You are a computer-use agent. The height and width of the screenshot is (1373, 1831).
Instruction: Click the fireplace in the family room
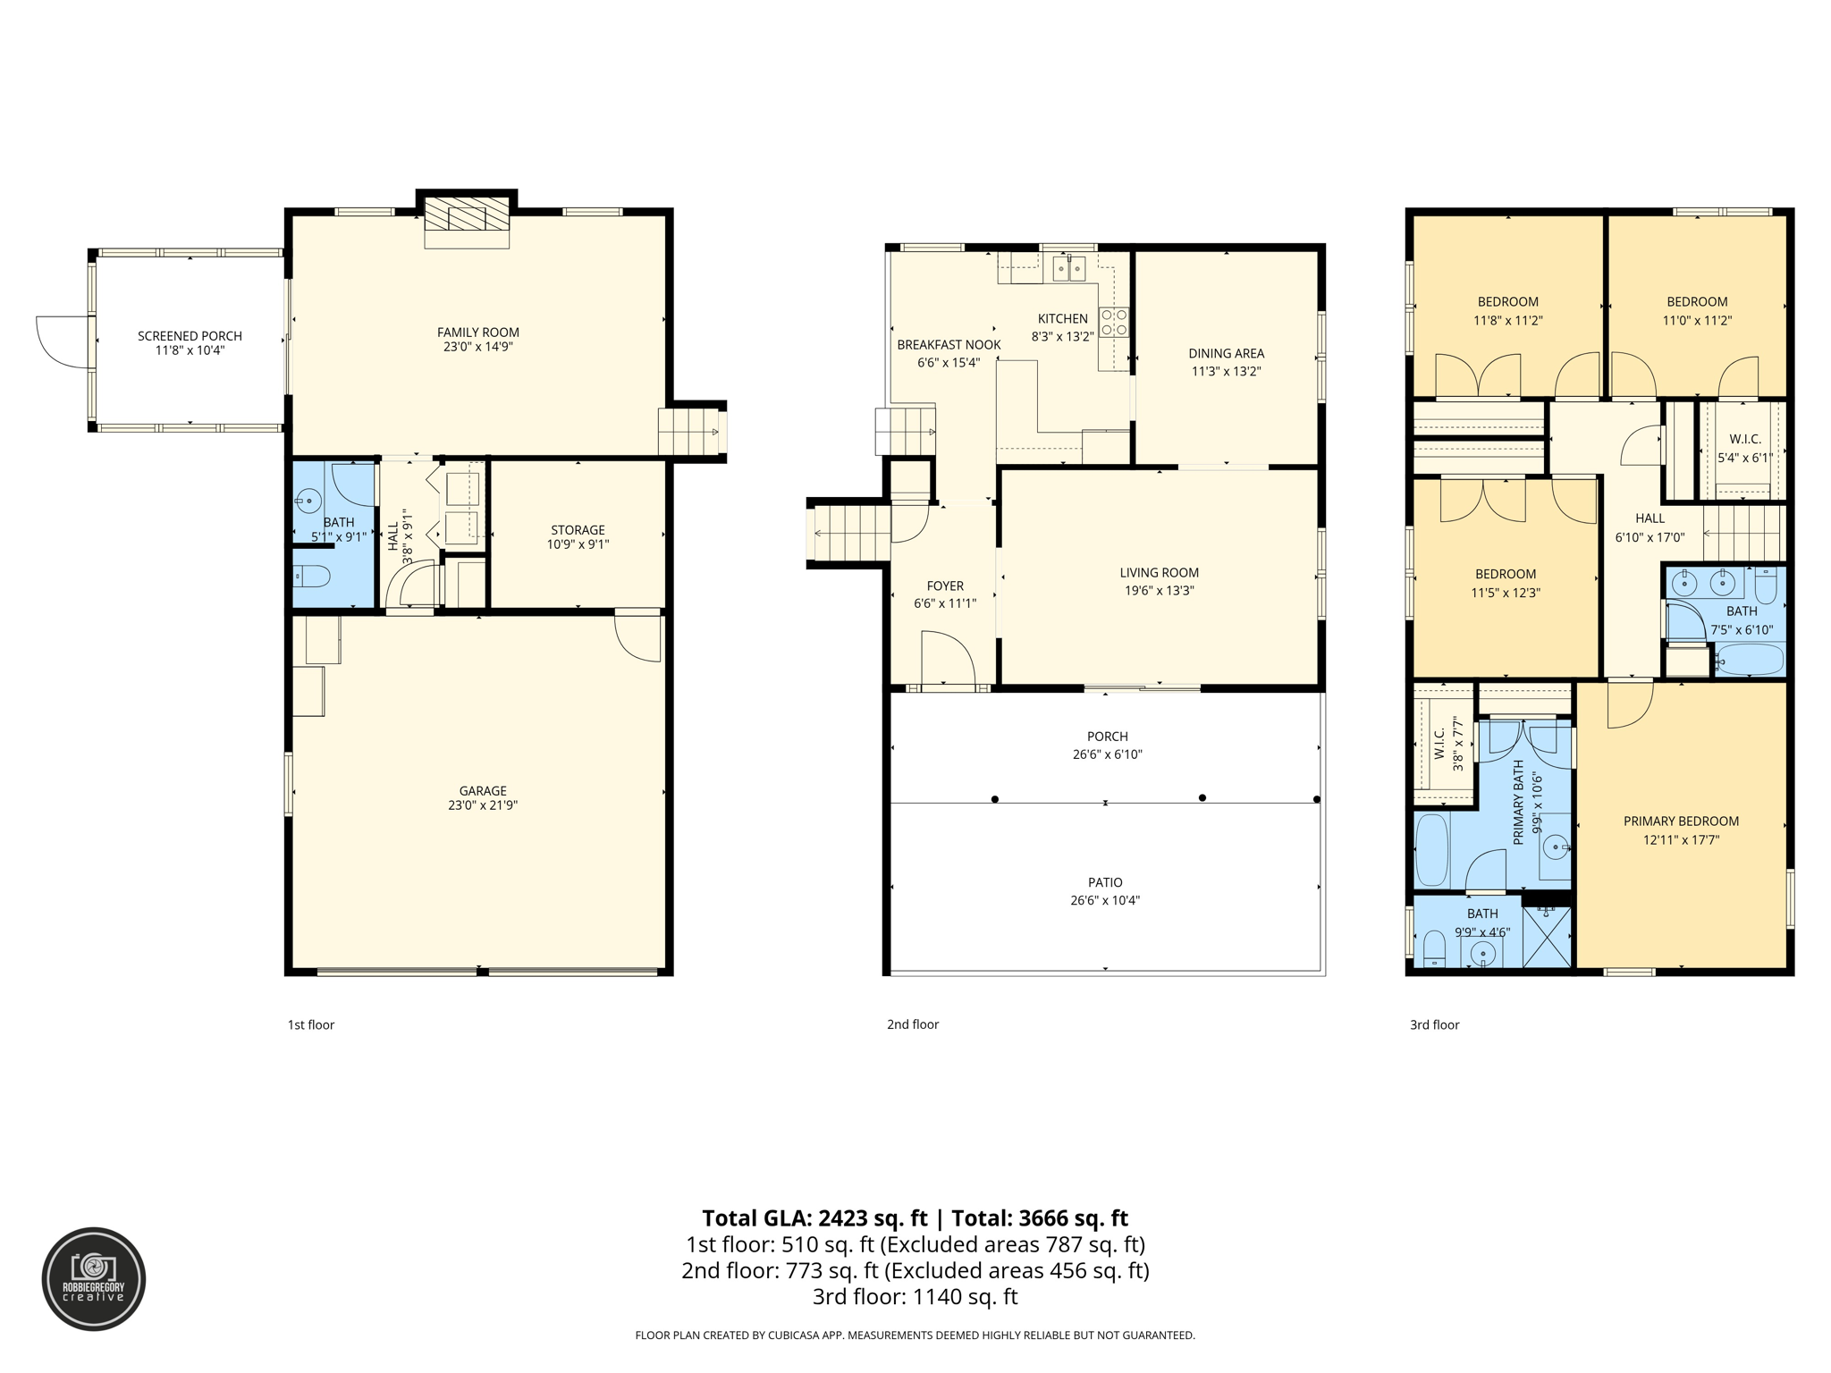point(467,222)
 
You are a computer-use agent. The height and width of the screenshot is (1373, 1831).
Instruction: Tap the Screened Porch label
point(190,336)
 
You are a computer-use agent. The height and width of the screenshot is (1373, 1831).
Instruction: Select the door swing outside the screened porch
point(63,341)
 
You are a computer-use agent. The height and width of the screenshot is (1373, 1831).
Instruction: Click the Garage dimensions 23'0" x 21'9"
point(483,805)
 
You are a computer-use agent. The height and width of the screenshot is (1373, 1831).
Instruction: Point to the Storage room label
point(578,530)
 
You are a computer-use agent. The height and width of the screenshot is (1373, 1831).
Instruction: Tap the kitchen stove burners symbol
point(1114,322)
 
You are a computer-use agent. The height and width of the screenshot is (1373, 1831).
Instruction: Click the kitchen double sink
point(1069,267)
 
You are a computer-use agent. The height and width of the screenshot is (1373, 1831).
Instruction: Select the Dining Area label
point(1226,353)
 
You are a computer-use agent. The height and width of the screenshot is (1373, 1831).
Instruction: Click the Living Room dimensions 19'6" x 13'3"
point(1159,591)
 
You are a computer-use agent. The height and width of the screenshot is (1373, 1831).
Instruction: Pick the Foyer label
point(945,586)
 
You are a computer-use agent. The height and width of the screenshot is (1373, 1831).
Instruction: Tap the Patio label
point(1105,882)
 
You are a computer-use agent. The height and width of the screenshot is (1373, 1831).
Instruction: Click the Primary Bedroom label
point(1681,821)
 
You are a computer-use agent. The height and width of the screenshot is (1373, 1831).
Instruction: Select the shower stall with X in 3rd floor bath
point(1546,937)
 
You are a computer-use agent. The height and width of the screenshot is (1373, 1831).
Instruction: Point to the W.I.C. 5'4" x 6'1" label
point(1744,449)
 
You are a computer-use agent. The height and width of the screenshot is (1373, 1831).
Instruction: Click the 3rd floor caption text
point(1434,1025)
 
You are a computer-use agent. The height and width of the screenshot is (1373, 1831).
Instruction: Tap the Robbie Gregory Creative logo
point(94,1279)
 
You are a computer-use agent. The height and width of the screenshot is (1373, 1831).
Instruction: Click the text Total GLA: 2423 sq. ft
point(814,1218)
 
